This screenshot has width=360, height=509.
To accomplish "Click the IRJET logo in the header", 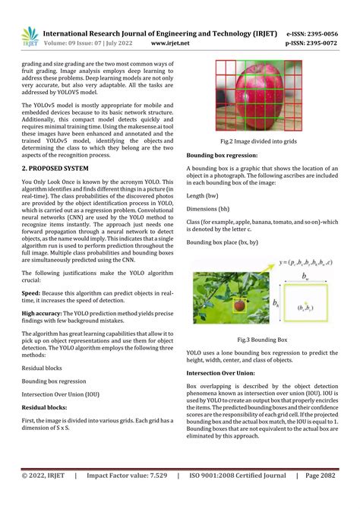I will (x=30, y=36).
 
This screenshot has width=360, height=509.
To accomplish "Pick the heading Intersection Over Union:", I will (x=227, y=375).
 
